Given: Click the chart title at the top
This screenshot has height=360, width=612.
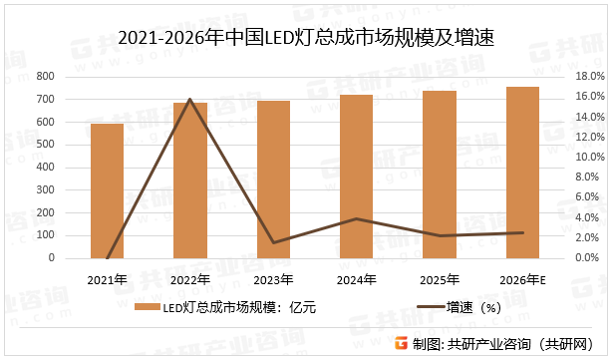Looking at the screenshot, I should pos(306,39).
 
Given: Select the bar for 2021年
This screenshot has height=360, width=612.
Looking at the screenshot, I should pos(107,190).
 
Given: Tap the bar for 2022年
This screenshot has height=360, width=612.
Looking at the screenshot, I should pos(190,180).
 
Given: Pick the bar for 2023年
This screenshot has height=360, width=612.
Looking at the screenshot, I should pos(273,180).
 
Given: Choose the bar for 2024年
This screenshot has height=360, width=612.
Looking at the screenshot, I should pos(357,177).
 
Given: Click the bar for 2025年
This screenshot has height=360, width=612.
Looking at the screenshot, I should pos(440,175).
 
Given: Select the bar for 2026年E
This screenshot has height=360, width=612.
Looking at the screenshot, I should pos(523,173).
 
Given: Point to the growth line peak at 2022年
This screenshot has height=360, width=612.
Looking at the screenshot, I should pos(190,99).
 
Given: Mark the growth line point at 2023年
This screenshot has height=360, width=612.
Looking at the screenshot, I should pos(273,242).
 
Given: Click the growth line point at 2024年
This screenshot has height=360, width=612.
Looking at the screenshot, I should pos(357,218).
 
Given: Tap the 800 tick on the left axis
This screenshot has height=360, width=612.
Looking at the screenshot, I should pos(44,77).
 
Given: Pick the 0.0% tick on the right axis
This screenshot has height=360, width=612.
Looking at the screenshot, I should pos(585,258).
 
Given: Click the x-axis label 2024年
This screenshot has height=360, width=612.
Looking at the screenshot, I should pos(357,279).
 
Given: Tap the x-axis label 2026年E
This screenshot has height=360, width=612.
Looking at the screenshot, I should pos(523,279).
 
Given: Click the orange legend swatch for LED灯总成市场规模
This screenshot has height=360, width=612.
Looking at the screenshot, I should pos(146,308).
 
